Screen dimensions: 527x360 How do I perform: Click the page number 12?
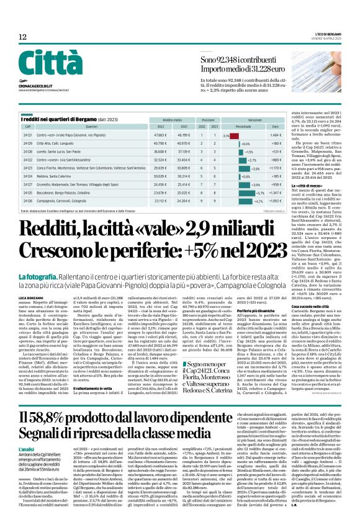click(23, 38)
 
